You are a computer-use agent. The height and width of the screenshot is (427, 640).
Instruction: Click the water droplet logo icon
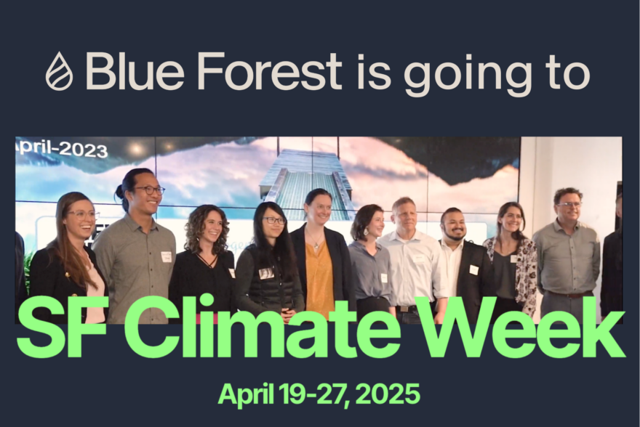[x=59, y=71]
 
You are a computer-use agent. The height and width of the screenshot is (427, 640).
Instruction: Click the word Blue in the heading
[x=135, y=71]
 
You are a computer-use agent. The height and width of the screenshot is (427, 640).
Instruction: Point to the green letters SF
[x=60, y=328]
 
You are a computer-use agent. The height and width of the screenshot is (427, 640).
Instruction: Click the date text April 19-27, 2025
[x=319, y=394]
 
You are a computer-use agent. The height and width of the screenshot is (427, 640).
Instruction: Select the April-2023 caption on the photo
[x=62, y=149]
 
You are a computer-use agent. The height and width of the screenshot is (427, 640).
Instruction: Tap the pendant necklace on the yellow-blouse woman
[x=316, y=244]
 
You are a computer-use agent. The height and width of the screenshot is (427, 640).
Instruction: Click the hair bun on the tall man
[x=119, y=190]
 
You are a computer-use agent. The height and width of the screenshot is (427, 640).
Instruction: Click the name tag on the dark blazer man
[x=473, y=269]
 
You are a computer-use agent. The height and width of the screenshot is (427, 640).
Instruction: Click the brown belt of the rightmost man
[x=569, y=294]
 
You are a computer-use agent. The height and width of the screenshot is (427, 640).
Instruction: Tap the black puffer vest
[x=269, y=281]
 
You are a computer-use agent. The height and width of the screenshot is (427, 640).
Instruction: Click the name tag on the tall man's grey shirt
[x=166, y=256]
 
